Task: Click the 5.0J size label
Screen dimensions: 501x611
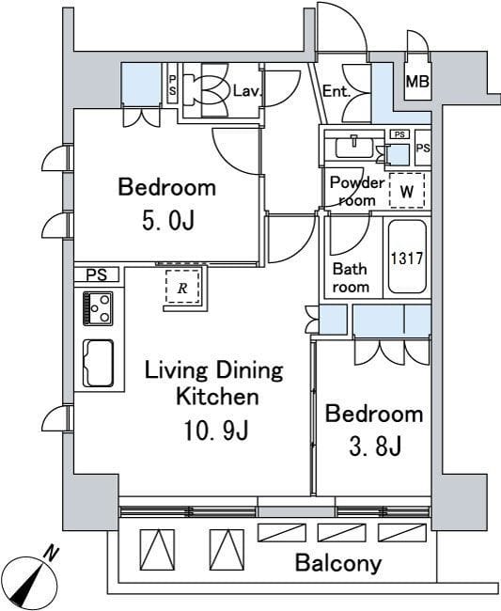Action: (x=168, y=222)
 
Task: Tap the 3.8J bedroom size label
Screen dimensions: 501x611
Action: (x=375, y=446)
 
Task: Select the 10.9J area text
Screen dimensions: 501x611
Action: (x=216, y=431)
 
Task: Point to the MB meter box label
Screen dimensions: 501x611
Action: (x=417, y=82)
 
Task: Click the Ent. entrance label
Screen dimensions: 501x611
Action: (x=336, y=91)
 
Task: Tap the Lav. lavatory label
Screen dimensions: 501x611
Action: (x=246, y=91)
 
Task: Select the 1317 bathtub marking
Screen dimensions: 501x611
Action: (x=407, y=258)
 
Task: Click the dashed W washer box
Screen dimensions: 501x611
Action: (x=407, y=191)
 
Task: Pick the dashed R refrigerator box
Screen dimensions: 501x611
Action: (x=182, y=287)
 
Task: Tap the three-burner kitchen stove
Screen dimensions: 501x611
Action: (x=98, y=308)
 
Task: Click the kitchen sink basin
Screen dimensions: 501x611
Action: (x=99, y=363)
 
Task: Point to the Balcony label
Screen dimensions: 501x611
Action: (x=338, y=563)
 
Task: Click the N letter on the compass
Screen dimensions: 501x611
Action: (x=51, y=553)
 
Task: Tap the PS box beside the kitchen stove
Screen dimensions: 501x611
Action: (x=97, y=275)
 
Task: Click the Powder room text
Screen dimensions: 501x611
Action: (x=357, y=192)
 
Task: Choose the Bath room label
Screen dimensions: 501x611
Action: (x=351, y=278)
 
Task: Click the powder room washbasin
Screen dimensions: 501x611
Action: (x=353, y=147)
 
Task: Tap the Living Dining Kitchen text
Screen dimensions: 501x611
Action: (x=214, y=384)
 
